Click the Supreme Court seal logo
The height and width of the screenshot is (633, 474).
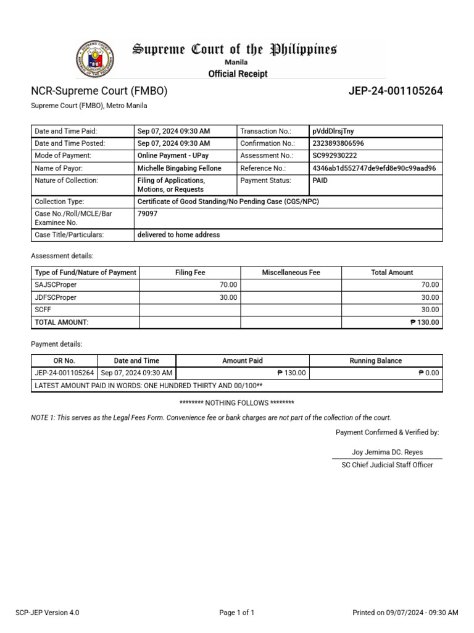[94, 59]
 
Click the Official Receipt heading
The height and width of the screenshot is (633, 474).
[238, 74]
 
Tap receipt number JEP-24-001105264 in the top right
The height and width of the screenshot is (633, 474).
[396, 91]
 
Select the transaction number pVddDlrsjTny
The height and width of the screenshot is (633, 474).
[333, 131]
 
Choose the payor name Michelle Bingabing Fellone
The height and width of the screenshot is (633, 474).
[179, 168]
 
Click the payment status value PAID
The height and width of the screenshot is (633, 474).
[320, 181]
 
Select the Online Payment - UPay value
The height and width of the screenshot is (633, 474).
[172, 156]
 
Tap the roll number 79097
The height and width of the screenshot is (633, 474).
[146, 213]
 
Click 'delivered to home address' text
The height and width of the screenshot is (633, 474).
[178, 235]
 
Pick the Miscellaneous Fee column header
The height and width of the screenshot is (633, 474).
[291, 273]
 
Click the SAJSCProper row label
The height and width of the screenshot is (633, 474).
[56, 285]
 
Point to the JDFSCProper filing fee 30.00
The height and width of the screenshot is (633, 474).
[228, 297]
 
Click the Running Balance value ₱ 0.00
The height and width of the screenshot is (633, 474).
[428, 373]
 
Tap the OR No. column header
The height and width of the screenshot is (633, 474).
[64, 360]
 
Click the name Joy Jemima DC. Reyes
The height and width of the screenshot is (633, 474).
[387, 452]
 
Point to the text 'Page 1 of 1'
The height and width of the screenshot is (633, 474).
[236, 613]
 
